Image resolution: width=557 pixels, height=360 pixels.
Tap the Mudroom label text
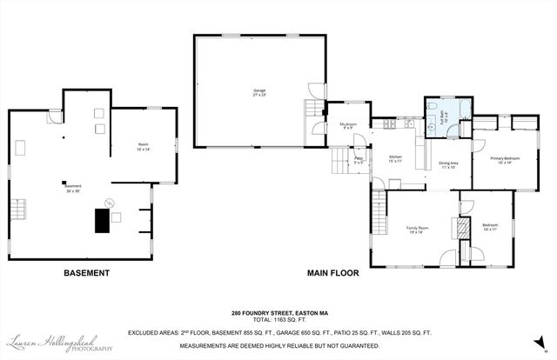click(x=348, y=127)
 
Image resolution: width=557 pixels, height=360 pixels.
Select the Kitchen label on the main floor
click(x=395, y=158)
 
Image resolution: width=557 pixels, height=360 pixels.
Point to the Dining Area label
click(x=448, y=164)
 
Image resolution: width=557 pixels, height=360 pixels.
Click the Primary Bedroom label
click(x=505, y=160)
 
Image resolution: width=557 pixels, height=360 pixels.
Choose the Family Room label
click(x=414, y=230)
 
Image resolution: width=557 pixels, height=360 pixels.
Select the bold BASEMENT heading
click(x=87, y=273)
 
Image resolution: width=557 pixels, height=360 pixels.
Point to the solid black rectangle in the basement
click(x=101, y=222)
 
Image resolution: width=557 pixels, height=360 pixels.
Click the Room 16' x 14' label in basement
click(x=143, y=147)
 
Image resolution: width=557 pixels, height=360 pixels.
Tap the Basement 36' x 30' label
click(x=73, y=187)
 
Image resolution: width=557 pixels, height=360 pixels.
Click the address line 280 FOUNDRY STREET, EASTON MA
click(x=278, y=313)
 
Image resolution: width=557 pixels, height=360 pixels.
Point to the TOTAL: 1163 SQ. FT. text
click(x=278, y=322)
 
